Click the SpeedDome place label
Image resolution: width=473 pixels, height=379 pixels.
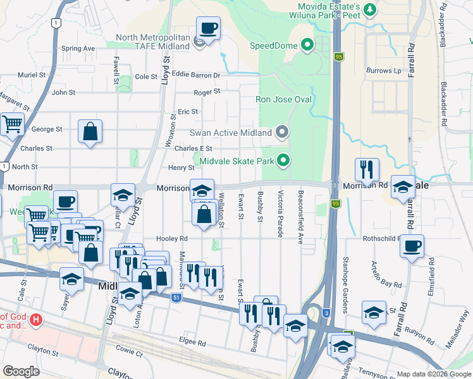click(x=274, y=45)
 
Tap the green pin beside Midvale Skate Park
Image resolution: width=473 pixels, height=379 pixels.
click(x=284, y=161)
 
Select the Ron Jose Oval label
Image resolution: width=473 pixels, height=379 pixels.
click(x=283, y=99)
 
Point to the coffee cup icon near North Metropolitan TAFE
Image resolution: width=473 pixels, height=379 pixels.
click(x=208, y=28)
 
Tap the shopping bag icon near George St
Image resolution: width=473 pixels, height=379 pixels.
click(x=90, y=132)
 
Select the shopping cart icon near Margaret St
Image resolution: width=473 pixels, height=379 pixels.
click(x=12, y=125)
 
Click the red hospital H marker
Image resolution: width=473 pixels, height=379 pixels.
click(x=36, y=320)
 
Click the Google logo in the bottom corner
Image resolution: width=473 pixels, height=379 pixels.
click(x=21, y=371)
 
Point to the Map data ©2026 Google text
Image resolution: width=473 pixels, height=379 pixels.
click(x=433, y=374)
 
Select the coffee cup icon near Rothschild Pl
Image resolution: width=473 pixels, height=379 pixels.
click(x=412, y=246)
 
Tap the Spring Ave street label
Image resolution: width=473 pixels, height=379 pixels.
click(x=78, y=48)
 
